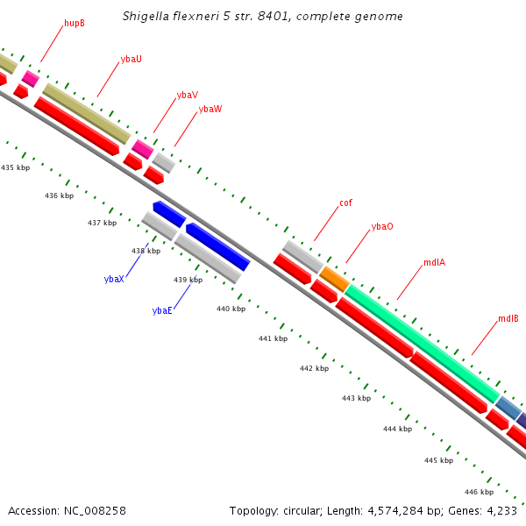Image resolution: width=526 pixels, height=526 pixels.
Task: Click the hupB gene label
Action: point(75,23)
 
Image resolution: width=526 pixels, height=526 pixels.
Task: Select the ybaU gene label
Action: point(131,59)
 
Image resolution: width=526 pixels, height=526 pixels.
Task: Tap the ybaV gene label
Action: point(187,95)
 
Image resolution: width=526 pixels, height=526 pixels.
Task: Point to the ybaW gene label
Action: point(210,110)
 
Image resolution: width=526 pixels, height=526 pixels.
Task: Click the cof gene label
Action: point(345,203)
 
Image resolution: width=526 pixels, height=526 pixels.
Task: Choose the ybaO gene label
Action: point(381,226)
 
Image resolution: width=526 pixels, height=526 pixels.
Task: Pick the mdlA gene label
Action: point(434,262)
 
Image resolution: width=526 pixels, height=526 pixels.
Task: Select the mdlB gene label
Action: point(508,318)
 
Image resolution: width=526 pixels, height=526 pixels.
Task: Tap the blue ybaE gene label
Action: point(162,310)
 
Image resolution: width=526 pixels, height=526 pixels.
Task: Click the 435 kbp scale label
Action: point(15,167)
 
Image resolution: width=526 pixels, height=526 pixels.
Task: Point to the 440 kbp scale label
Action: point(231,309)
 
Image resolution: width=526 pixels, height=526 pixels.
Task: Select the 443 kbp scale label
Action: point(356,398)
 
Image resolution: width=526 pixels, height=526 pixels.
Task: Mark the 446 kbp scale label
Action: point(479,492)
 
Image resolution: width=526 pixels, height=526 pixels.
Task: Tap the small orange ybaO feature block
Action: point(334,279)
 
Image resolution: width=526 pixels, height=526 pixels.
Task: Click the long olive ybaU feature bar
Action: point(86,114)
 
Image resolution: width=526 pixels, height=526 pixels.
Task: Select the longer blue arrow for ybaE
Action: point(217,246)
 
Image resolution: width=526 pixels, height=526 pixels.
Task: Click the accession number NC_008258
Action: point(96,510)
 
